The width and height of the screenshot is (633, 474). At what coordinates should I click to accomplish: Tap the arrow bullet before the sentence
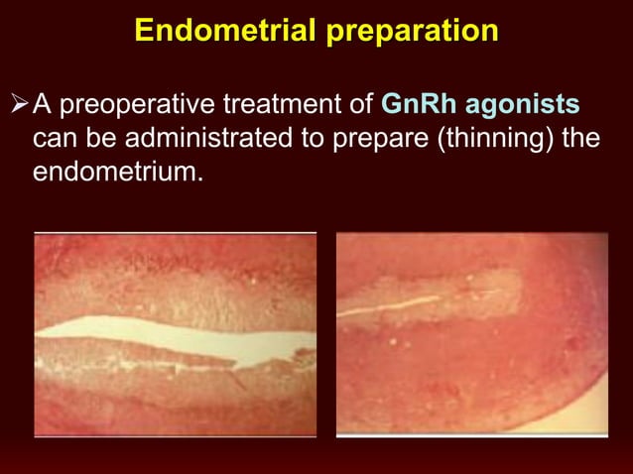click(19, 103)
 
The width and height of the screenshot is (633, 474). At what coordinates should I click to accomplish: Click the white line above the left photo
click(175, 232)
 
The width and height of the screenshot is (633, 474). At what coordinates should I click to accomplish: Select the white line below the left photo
click(175, 436)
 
